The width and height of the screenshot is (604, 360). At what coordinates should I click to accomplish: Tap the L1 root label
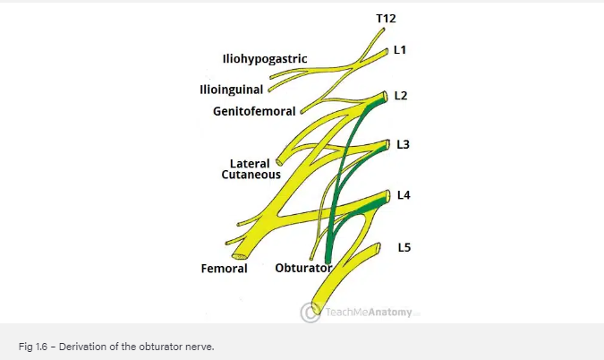pyautogui.click(x=400, y=51)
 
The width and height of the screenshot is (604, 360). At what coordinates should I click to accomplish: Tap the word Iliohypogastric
pyautogui.click(x=265, y=59)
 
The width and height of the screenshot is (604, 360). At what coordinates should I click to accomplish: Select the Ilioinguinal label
pyautogui.click(x=233, y=90)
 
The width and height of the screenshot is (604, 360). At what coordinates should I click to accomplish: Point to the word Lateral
pyautogui.click(x=250, y=164)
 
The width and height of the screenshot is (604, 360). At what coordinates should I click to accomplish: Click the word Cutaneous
pyautogui.click(x=251, y=176)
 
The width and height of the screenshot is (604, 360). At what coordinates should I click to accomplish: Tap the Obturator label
pyautogui.click(x=303, y=268)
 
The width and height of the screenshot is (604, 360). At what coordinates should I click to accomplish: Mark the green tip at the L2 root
pyautogui.click(x=378, y=99)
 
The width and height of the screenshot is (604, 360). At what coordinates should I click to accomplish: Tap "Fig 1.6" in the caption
pyautogui.click(x=32, y=346)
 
